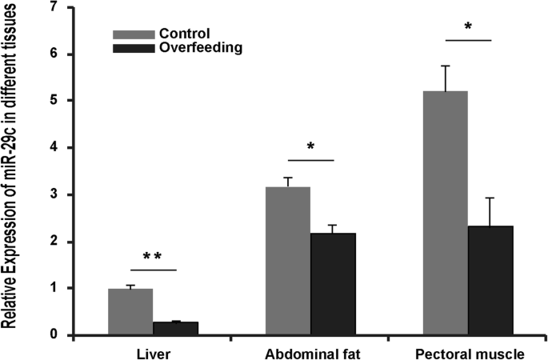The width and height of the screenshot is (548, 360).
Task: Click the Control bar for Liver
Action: click(130, 312)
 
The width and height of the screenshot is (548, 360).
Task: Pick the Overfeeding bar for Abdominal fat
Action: click(334, 284)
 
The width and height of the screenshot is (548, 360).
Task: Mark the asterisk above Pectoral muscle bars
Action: click(468, 26)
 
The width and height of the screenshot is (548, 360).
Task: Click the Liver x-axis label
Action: click(152, 353)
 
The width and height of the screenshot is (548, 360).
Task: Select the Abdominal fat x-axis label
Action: click(310, 353)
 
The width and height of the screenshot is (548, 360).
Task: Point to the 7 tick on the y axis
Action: click(56, 8)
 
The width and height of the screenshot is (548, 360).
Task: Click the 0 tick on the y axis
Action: click(56, 335)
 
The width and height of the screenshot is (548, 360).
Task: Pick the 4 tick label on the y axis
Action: click(56, 148)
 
